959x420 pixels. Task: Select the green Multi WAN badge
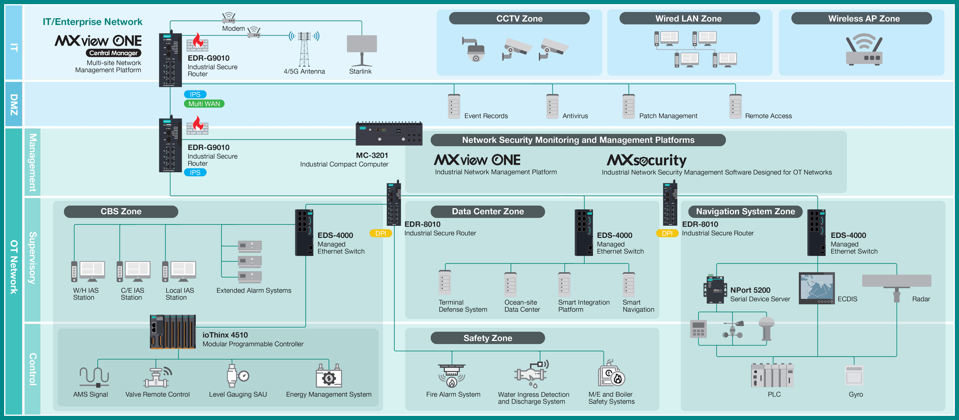(x=204, y=104)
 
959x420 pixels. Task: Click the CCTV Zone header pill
(x=519, y=18)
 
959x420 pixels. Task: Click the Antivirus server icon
(x=553, y=107)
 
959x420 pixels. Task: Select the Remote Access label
(x=768, y=116)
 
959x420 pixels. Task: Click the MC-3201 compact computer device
(x=389, y=133)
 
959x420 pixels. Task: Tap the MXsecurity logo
(x=646, y=160)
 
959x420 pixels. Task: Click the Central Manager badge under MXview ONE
(x=113, y=53)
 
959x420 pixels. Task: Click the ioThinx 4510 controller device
(x=173, y=332)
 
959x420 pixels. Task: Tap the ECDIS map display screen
(x=817, y=288)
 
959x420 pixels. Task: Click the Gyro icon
(x=854, y=376)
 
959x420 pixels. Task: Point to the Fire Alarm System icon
(x=452, y=375)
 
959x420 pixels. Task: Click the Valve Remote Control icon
(x=157, y=377)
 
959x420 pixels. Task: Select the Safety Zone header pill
(x=487, y=338)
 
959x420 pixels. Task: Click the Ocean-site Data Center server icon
(x=510, y=285)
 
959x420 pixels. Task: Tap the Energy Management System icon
(x=329, y=377)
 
